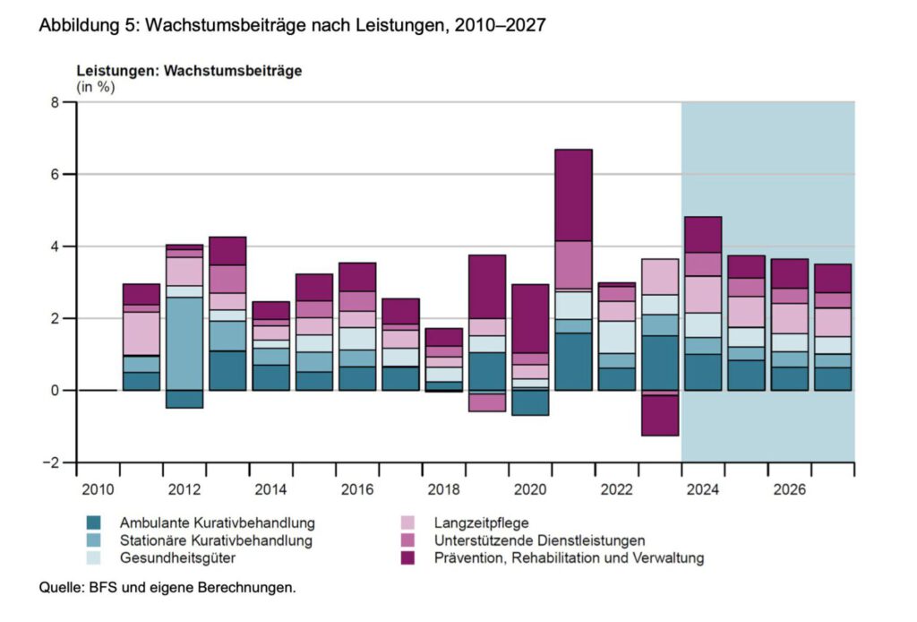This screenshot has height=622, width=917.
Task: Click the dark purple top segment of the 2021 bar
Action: [573, 194]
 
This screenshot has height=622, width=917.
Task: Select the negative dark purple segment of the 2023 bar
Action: [660, 415]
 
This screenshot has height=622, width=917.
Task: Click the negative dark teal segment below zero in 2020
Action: [530, 402]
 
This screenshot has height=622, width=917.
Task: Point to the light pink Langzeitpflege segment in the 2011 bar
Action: [141, 333]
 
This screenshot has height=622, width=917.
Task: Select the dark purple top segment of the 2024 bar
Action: [703, 234]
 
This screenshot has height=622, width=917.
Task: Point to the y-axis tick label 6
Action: [55, 174]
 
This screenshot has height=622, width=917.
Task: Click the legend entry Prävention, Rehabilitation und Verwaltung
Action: [568, 557]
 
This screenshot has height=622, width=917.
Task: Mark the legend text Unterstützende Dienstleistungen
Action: [538, 540]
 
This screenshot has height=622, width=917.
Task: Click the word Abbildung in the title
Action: [74, 26]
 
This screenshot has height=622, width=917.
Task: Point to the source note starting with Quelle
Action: [167, 588]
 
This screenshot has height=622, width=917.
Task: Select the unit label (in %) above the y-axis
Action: [96, 87]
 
